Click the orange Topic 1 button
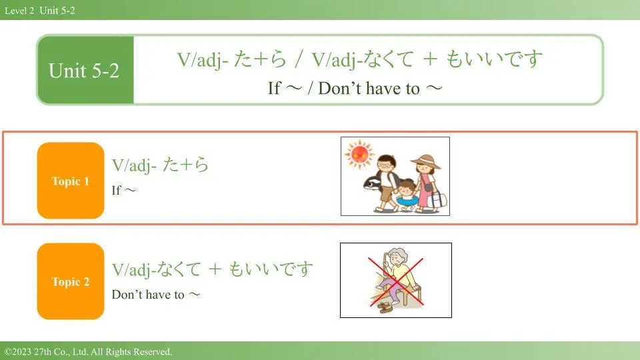click(71, 181)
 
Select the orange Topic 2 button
click(71, 281)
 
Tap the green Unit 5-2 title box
click(85, 70)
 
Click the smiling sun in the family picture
click(359, 154)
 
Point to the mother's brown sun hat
click(425, 161)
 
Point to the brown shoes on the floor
click(385, 307)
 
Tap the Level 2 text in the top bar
click(19, 11)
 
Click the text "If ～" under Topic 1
click(124, 190)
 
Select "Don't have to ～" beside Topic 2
click(156, 294)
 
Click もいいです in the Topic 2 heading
click(271, 269)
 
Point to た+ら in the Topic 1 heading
click(186, 165)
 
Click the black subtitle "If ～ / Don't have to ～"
click(355, 88)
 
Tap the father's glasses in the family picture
click(385, 166)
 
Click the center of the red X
click(396, 281)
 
